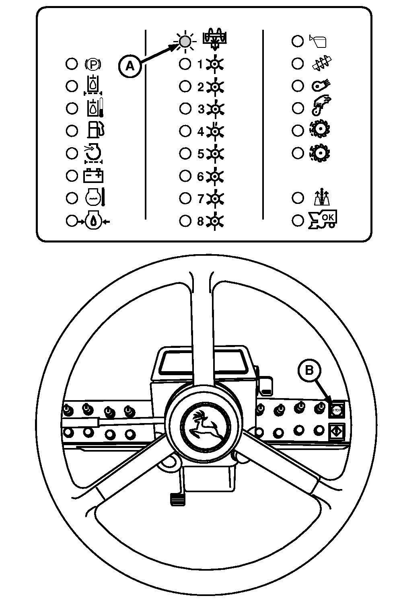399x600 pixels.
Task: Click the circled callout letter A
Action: point(130,66)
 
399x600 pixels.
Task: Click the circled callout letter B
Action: point(309,370)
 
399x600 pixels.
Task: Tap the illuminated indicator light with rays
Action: point(185,41)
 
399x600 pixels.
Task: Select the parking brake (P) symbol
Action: point(93,64)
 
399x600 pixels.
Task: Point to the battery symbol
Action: point(93,176)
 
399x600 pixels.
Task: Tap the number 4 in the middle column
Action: point(201,131)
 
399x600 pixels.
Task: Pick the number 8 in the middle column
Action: point(201,221)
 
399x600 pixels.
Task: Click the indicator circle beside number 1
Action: point(185,64)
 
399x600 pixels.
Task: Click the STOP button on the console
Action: point(336,410)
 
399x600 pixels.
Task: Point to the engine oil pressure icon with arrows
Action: point(93,221)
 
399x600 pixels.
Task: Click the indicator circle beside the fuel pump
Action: point(72,131)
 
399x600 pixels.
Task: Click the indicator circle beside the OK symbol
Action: point(298,220)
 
